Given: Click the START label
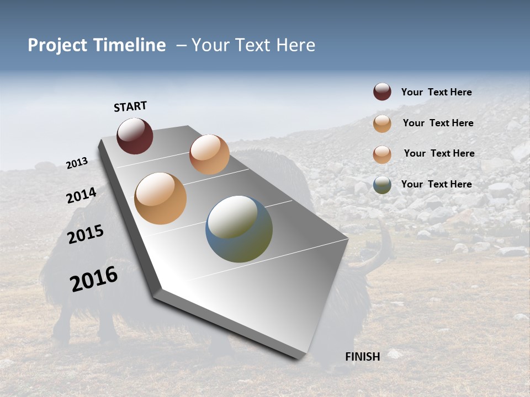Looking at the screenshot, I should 130,106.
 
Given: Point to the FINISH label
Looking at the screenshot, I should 362,357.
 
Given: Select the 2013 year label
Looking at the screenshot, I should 77,163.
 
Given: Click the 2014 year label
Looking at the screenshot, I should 81,195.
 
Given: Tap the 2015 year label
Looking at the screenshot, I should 86,234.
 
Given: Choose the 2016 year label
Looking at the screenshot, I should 94,279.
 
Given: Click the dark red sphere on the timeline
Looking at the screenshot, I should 135,136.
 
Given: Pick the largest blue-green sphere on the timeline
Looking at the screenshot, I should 239,229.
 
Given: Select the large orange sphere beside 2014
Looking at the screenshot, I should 160,198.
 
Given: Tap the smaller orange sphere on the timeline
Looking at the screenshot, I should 209,154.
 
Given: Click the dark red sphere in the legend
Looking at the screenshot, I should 382,92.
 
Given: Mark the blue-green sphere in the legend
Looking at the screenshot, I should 382,185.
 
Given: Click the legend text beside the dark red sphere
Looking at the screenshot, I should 436,93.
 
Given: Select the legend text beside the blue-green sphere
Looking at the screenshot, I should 436,184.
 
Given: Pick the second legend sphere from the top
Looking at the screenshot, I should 382,124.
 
